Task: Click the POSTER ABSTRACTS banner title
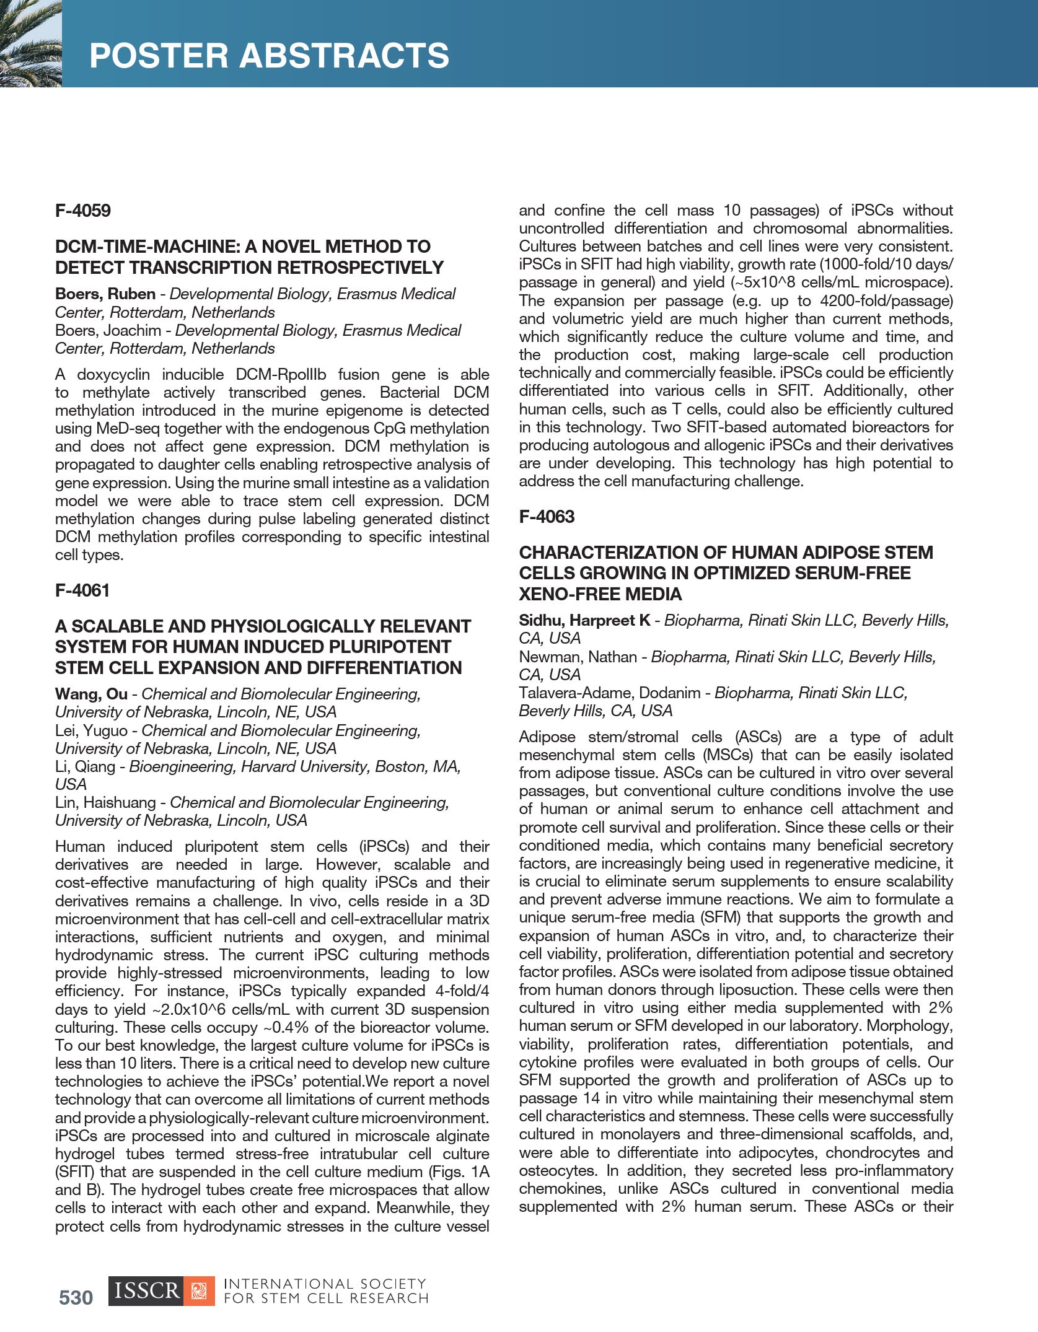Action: pyautogui.click(x=269, y=56)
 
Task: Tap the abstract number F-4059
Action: pyautogui.click(x=82, y=211)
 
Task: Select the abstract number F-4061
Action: pyautogui.click(x=82, y=590)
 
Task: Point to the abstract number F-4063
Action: pyautogui.click(x=547, y=517)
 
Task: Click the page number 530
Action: pyautogui.click(x=76, y=1298)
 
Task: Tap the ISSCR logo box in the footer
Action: pyautogui.click(x=146, y=1291)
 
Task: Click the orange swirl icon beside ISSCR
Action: pyautogui.click(x=199, y=1291)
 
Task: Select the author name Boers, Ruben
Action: pyautogui.click(x=105, y=294)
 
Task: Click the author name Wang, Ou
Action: pyautogui.click(x=90, y=694)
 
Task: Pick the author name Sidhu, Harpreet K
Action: pyautogui.click(x=584, y=620)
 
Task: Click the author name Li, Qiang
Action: pyautogui.click(x=85, y=766)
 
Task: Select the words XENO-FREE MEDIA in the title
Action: pyautogui.click(x=600, y=594)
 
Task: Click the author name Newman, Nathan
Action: pyautogui.click(x=578, y=657)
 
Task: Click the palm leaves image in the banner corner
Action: pyautogui.click(x=30, y=43)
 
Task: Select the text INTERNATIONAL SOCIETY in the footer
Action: pyautogui.click(x=325, y=1284)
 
